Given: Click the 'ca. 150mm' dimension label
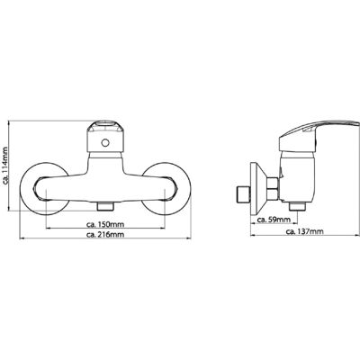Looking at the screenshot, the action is tap(105, 224).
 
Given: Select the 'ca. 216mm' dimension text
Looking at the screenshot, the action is tap(105, 235).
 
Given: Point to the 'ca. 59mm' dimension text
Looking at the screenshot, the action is tap(274, 220).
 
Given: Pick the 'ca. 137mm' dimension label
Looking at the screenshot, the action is tap(305, 231).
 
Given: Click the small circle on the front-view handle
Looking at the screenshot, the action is tap(105, 143).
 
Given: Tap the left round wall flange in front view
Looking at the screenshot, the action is tap(44, 189).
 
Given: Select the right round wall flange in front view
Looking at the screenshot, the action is tap(166, 189).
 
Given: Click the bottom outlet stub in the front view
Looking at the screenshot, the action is tap(105, 207).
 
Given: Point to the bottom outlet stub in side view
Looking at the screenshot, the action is tap(297, 207).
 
